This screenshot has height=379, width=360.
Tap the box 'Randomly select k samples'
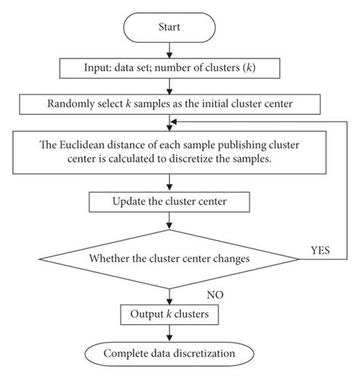pyautogui.click(x=170, y=102)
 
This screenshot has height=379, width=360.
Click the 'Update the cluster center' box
pyautogui.click(x=169, y=201)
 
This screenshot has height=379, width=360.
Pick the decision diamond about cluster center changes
pyautogui.click(x=170, y=259)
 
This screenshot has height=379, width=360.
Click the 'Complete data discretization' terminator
pyautogui.click(x=170, y=353)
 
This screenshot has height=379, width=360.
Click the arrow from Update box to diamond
pyautogui.click(x=170, y=220)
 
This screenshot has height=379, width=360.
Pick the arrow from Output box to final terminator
pyautogui.click(x=170, y=333)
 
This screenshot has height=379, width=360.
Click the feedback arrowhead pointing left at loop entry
pyautogui.click(x=175, y=120)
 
